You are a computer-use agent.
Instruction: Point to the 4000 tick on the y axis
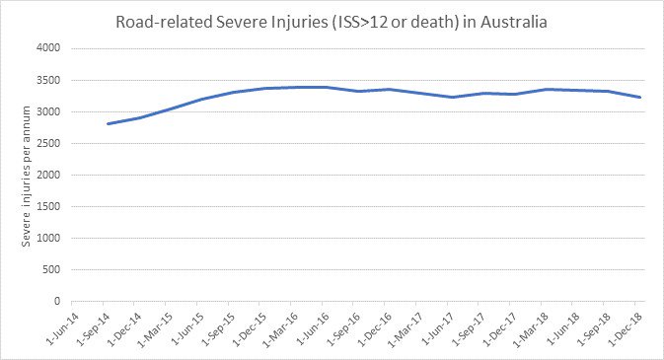pos(47,48)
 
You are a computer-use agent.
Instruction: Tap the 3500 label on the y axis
pos(47,80)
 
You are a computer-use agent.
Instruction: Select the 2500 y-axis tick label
pos(47,143)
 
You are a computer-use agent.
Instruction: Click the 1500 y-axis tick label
pos(47,206)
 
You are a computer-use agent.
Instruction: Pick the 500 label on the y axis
pos(50,269)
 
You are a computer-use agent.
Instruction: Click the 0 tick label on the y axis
pos(57,301)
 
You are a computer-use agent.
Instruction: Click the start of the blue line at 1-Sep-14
pos(107,123)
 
